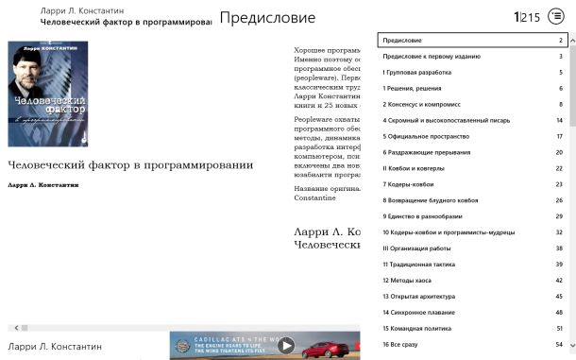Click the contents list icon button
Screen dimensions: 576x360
tap(556, 17)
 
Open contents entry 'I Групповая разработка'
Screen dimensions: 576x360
tap(416, 72)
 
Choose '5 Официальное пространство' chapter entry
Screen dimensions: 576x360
tap(426, 136)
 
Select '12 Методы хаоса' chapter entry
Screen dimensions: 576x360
tap(409, 281)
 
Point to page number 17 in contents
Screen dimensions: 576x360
tap(559, 136)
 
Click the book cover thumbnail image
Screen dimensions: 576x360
tap(48, 93)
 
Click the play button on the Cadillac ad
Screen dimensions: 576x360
tap(286, 346)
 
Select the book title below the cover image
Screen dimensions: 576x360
tap(130, 165)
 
